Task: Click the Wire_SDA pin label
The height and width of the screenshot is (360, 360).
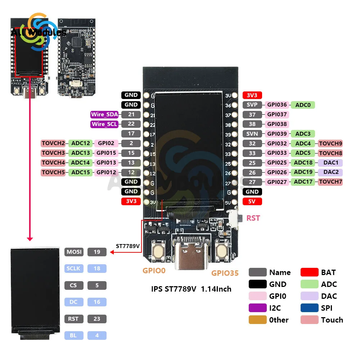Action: (x=104, y=114)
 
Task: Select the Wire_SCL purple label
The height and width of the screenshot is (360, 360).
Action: (x=104, y=124)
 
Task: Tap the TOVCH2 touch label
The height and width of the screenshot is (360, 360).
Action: (x=53, y=143)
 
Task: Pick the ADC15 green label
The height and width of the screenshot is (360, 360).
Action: (x=81, y=172)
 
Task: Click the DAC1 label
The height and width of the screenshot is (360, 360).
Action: (x=330, y=163)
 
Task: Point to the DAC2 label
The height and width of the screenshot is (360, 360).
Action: (x=330, y=172)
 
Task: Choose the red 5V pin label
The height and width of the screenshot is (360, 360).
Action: (x=252, y=201)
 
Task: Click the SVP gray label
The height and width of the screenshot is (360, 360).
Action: (x=252, y=105)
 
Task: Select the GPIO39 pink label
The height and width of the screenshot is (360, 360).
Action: (x=277, y=134)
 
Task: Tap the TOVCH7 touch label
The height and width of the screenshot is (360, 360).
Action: (x=330, y=182)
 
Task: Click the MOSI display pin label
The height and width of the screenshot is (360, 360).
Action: (x=74, y=252)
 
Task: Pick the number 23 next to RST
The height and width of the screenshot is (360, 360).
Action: (x=97, y=319)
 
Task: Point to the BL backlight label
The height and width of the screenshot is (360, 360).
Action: (x=74, y=336)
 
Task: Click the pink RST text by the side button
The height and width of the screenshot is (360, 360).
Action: (x=253, y=218)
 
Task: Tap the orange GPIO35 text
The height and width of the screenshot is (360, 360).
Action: (x=225, y=273)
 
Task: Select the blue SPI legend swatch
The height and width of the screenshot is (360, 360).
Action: (x=310, y=308)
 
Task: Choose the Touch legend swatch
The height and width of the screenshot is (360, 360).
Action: (x=310, y=320)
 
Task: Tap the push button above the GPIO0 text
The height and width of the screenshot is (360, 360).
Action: (x=158, y=249)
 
